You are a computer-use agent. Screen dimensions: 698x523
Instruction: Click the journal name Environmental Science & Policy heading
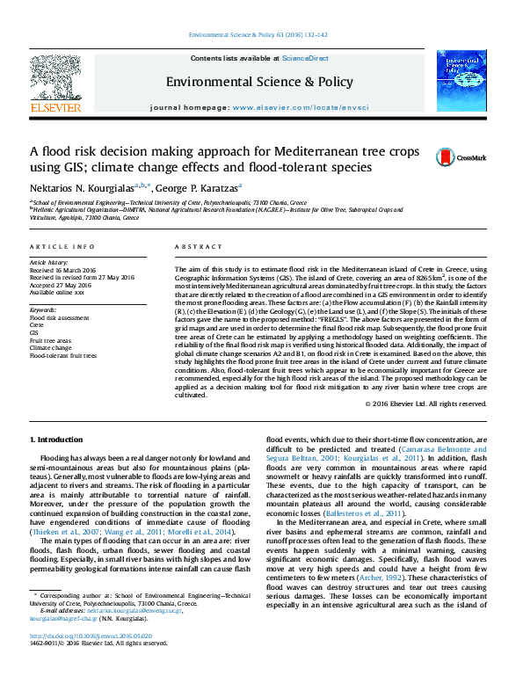point(259,82)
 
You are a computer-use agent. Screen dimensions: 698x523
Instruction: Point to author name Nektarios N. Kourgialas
point(77,188)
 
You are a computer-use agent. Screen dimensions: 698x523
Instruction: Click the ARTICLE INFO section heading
point(62,248)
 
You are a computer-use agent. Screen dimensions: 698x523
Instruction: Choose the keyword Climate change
point(50,349)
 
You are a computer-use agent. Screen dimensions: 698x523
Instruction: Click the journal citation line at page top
point(261,36)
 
